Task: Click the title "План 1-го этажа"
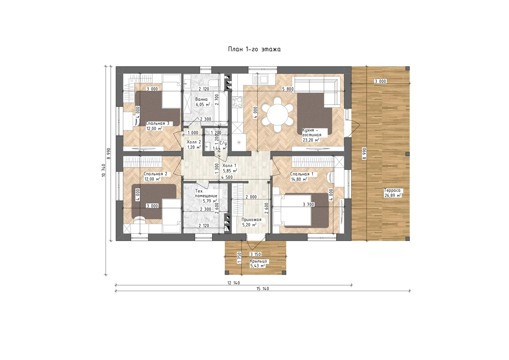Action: tap(254, 49)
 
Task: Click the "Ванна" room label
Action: tap(201, 99)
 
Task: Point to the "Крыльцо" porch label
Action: tap(258, 261)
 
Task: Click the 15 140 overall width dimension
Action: tap(263, 289)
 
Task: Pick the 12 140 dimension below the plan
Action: tap(234, 283)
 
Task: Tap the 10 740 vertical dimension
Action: tap(104, 170)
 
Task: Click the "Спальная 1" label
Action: tap(302, 174)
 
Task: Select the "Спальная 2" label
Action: tap(155, 174)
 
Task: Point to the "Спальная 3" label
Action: tap(157, 123)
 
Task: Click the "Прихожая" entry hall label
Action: tap(251, 220)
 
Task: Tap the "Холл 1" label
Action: tap(229, 165)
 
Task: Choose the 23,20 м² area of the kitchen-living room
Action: tap(311, 140)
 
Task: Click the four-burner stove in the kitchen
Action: tap(237, 102)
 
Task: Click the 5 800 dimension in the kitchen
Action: tap(288, 89)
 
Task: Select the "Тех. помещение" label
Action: tap(206, 194)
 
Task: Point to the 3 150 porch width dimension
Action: tap(255, 254)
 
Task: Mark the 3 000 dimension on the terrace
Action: tap(381, 81)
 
